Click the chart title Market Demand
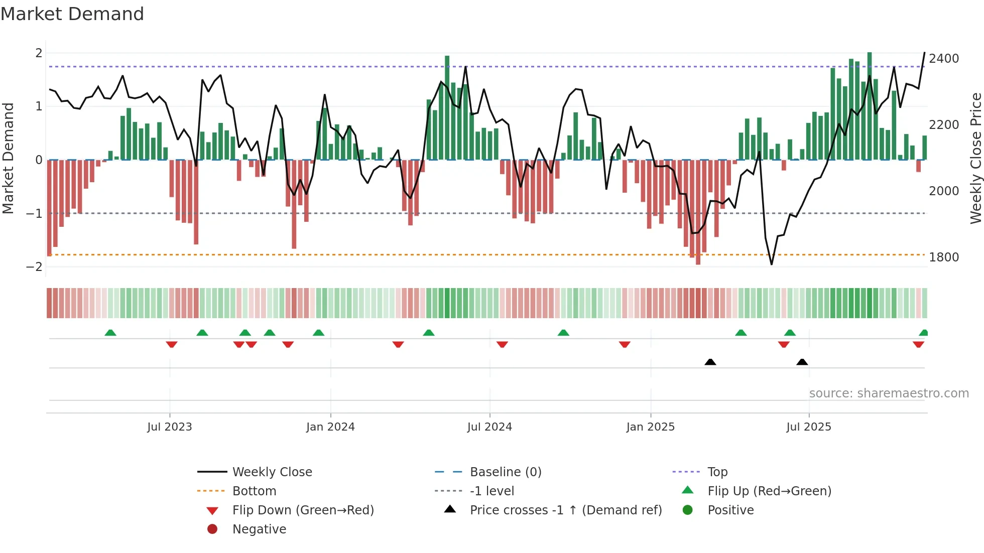pyautogui.click(x=72, y=14)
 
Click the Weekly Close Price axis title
pyautogui.click(x=975, y=158)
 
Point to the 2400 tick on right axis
pyautogui.click(x=944, y=59)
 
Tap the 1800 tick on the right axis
pyautogui.click(x=944, y=257)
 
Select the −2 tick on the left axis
pyautogui.click(x=34, y=267)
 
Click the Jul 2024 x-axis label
pyautogui.click(x=489, y=427)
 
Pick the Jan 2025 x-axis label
pyautogui.click(x=650, y=427)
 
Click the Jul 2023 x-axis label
pyautogui.click(x=170, y=427)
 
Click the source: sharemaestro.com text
pyautogui.click(x=889, y=393)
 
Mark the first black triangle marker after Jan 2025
pyautogui.click(x=710, y=362)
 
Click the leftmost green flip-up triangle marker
pyautogui.click(x=110, y=333)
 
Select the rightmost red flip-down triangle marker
pyautogui.click(x=918, y=344)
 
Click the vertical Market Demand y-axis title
pyautogui.click(x=8, y=158)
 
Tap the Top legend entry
pyautogui.click(x=717, y=472)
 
